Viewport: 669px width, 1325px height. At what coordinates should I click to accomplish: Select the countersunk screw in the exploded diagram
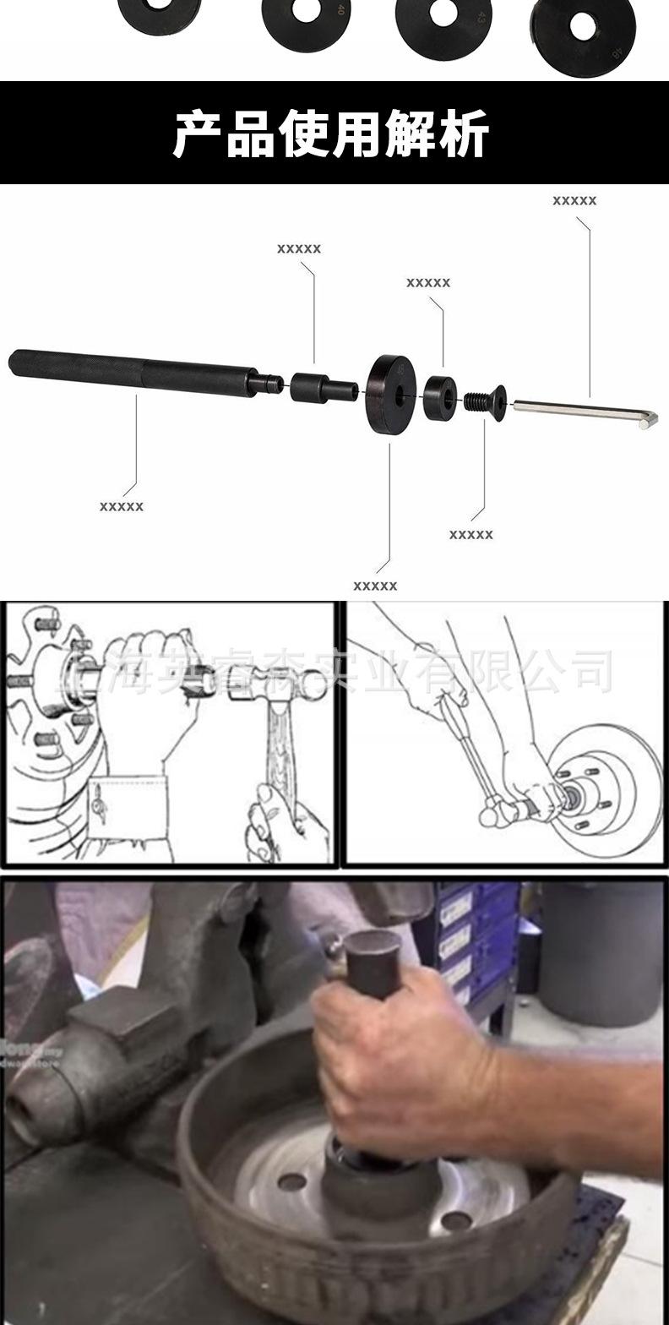pos(487,402)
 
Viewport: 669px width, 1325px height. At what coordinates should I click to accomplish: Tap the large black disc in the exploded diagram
pos(391,394)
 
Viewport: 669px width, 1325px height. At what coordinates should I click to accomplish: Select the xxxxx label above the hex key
pos(574,201)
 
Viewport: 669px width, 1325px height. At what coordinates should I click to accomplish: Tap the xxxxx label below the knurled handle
pos(122,506)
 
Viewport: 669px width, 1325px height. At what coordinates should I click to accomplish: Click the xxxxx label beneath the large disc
pos(375,586)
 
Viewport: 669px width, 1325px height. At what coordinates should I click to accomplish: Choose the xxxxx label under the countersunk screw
pos(471,535)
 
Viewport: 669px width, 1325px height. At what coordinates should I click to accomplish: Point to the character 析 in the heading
pos(464,134)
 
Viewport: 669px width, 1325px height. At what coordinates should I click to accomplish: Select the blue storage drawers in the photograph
pos(469,938)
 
